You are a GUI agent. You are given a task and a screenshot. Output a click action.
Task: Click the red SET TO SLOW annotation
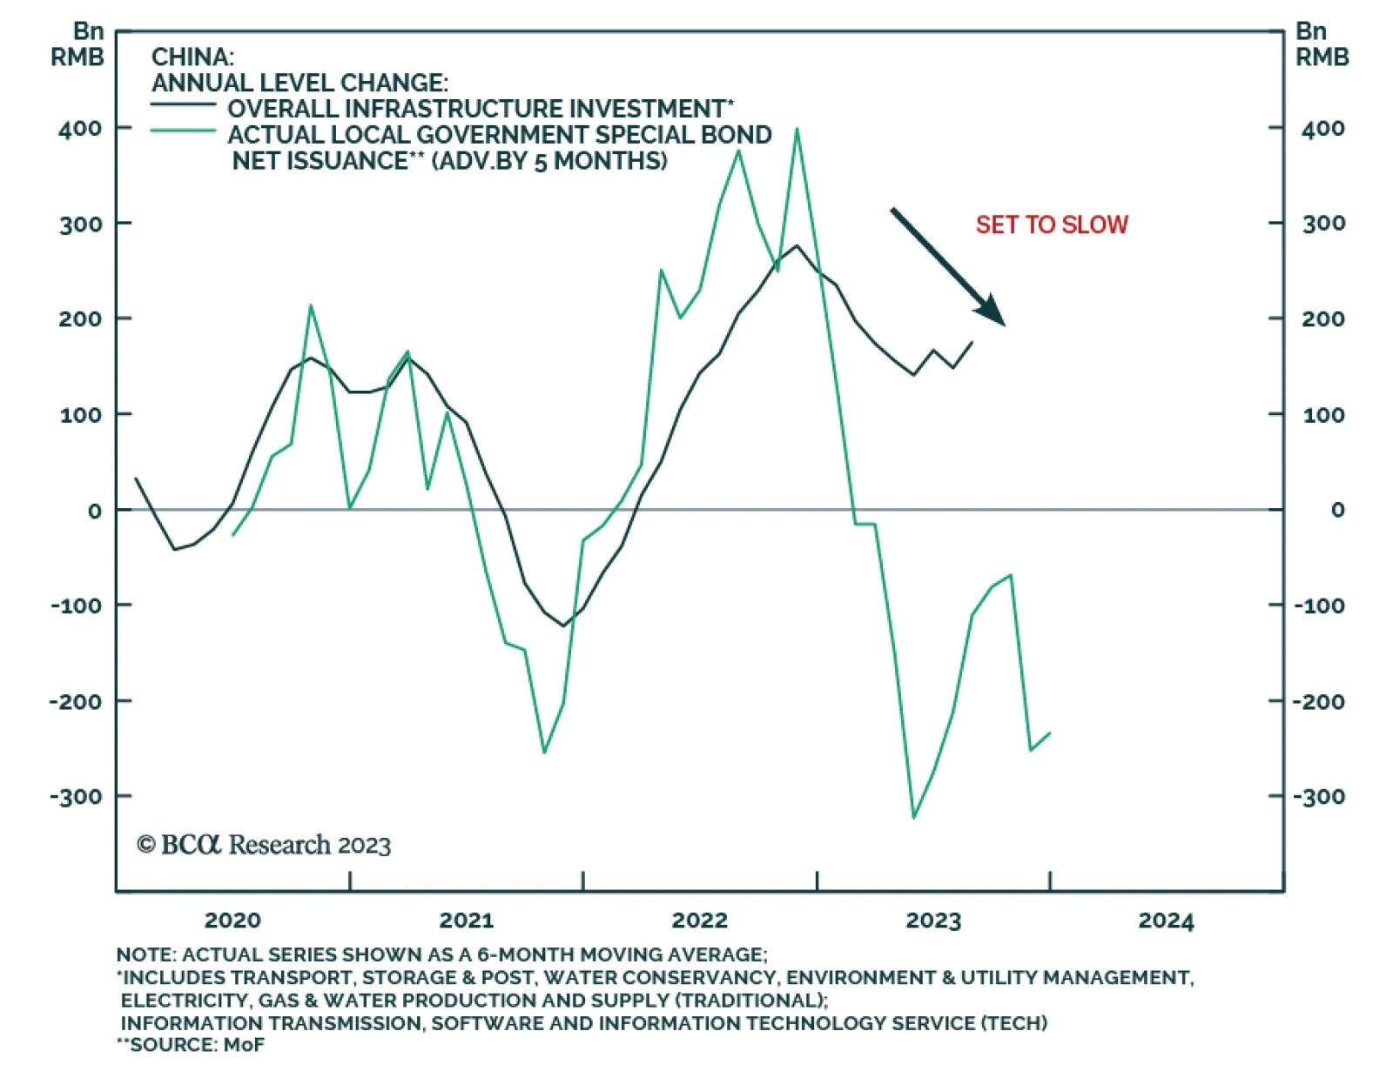[1051, 224]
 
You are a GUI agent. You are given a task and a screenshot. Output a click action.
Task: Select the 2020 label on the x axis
[232, 921]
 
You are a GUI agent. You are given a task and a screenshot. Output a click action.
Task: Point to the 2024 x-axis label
[1166, 921]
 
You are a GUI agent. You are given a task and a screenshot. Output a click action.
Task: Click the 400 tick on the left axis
[80, 129]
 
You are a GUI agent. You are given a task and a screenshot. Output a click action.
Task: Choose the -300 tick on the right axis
[1319, 796]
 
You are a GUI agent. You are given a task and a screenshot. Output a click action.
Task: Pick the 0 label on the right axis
[1337, 510]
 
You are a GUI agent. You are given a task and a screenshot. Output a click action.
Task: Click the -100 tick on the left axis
[76, 605]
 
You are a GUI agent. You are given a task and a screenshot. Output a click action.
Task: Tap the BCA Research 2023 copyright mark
[264, 845]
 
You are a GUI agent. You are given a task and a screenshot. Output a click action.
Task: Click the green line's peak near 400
[797, 130]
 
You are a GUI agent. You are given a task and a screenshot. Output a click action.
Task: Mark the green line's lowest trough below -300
[914, 817]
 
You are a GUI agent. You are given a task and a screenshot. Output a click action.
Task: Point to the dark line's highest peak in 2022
[797, 245]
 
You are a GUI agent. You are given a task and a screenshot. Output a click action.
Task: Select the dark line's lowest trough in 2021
[563, 625]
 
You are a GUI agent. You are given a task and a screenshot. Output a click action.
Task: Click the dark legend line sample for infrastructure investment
[183, 105]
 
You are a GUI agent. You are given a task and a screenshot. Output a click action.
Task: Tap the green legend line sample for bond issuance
[183, 131]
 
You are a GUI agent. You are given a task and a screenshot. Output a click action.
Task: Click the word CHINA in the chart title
[192, 57]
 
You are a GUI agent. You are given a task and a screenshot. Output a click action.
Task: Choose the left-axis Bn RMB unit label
[77, 44]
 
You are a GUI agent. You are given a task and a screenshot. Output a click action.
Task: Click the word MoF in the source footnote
[244, 1044]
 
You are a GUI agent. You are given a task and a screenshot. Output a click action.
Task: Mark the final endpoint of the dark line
[972, 342]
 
